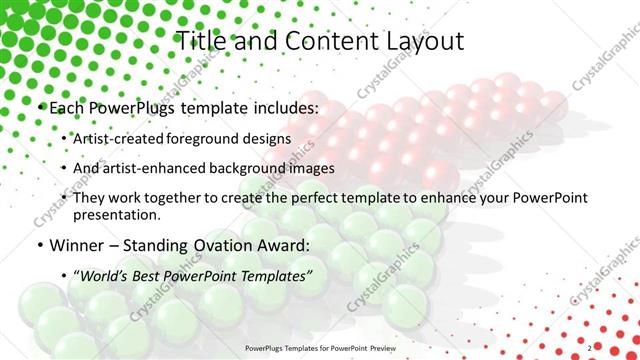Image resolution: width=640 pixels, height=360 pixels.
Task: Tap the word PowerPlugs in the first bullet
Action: pyautogui.click(x=136, y=106)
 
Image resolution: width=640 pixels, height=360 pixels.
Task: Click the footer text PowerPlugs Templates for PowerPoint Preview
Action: pyautogui.click(x=319, y=348)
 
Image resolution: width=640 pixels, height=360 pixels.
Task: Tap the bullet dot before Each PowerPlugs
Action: pyautogui.click(x=38, y=107)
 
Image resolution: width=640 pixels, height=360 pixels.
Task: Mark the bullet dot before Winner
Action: pyautogui.click(x=38, y=245)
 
